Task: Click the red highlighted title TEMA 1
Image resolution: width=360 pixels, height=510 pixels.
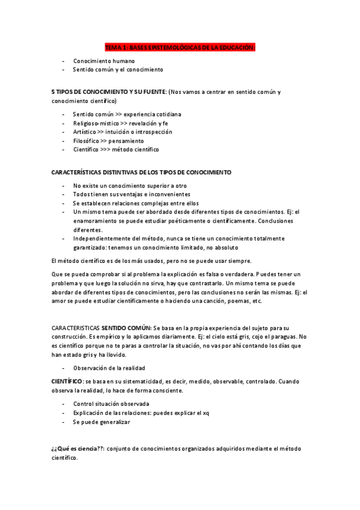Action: click(180, 47)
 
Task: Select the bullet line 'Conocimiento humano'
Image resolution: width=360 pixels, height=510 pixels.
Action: click(104, 61)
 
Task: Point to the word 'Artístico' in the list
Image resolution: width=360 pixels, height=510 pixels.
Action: click(85, 132)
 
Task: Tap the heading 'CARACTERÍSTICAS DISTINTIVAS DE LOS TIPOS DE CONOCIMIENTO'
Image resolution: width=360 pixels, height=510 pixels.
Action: click(141, 173)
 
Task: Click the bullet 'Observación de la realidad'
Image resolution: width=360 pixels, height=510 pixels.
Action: click(109, 367)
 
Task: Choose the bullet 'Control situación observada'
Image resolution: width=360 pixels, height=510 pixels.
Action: click(111, 404)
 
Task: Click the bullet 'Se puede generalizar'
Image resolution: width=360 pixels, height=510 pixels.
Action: click(102, 422)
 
